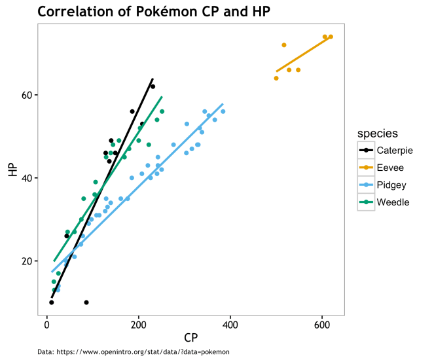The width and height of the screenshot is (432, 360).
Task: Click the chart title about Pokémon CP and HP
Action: (x=154, y=11)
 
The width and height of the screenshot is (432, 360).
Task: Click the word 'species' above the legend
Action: (x=378, y=134)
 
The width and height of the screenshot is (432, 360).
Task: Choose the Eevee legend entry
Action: (x=390, y=168)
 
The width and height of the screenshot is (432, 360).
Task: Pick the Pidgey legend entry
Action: (x=391, y=185)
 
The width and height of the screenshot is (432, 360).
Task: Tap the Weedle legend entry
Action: (x=393, y=202)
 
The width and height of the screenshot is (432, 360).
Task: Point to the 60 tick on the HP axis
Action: (x=28, y=95)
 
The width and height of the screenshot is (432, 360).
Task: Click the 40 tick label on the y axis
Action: (x=28, y=178)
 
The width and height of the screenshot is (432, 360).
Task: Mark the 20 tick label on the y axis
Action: (x=28, y=261)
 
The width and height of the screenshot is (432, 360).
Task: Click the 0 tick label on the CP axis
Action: (x=46, y=324)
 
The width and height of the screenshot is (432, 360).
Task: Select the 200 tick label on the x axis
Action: (x=139, y=324)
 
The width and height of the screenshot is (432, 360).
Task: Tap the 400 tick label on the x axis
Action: (x=230, y=324)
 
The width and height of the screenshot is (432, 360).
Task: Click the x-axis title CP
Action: (x=191, y=338)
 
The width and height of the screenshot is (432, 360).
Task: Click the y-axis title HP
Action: (x=12, y=170)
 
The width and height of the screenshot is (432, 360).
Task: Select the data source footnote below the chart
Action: (x=134, y=352)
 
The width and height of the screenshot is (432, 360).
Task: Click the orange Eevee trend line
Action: (x=302, y=55)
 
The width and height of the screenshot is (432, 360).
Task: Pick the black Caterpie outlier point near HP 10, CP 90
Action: (x=86, y=302)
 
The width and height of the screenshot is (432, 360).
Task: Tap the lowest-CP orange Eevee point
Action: (x=276, y=78)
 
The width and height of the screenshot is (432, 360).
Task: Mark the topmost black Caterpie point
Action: (x=153, y=86)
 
